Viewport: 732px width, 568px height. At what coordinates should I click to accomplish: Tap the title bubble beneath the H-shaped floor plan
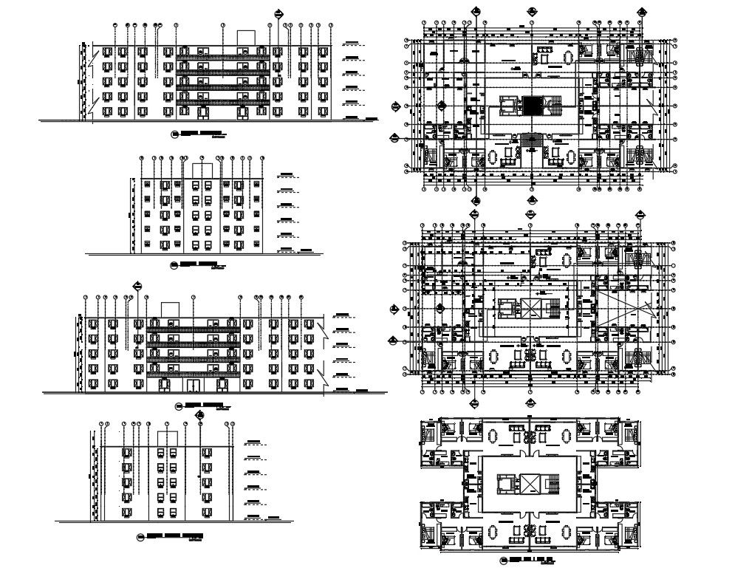[503, 560]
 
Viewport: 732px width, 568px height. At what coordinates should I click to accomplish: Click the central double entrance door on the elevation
[193, 385]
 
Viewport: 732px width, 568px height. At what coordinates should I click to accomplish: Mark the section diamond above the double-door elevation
[137, 285]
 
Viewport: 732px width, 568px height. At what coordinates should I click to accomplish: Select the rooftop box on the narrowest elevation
[168, 439]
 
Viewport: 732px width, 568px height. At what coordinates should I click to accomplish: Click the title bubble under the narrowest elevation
[141, 535]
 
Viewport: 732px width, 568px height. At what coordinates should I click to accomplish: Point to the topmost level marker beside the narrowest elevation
[254, 442]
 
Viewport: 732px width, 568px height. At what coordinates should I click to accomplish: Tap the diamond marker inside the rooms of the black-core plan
[441, 105]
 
